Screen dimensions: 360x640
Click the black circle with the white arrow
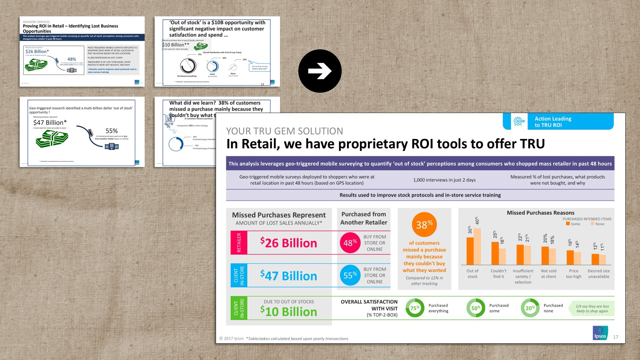tap(320, 71)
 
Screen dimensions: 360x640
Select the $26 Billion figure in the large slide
tap(289, 243)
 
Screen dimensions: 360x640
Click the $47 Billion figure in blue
tap(289, 276)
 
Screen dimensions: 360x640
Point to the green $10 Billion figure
tap(289, 312)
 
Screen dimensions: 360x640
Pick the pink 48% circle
tap(350, 243)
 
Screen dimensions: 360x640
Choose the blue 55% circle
tap(350, 275)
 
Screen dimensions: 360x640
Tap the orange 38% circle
tap(424, 224)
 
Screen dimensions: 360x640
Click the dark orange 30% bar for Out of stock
tap(470, 251)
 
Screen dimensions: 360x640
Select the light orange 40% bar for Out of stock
tap(477, 246)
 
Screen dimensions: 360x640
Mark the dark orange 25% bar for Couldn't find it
tap(495, 253)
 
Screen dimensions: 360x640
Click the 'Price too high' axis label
tap(573, 274)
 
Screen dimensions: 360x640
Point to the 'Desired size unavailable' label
tap(599, 274)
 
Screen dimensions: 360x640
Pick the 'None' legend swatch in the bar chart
tap(592, 224)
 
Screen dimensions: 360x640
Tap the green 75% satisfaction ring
tap(415, 308)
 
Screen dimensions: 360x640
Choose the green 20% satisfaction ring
tap(530, 308)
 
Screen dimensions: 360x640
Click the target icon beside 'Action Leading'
tap(519, 121)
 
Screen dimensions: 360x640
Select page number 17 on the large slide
tap(615, 337)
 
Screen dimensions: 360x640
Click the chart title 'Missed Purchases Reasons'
tap(540, 213)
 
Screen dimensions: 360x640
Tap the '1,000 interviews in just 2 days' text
tap(444, 180)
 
